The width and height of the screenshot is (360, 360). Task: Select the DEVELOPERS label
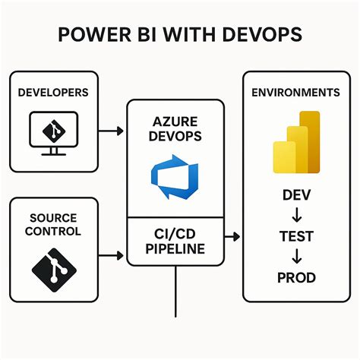[52, 93]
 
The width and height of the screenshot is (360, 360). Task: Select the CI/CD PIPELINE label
[175, 239]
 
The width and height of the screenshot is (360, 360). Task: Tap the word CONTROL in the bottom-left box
[52, 231]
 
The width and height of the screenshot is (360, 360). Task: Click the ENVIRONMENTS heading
[295, 93]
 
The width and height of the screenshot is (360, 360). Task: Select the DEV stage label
[295, 196]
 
